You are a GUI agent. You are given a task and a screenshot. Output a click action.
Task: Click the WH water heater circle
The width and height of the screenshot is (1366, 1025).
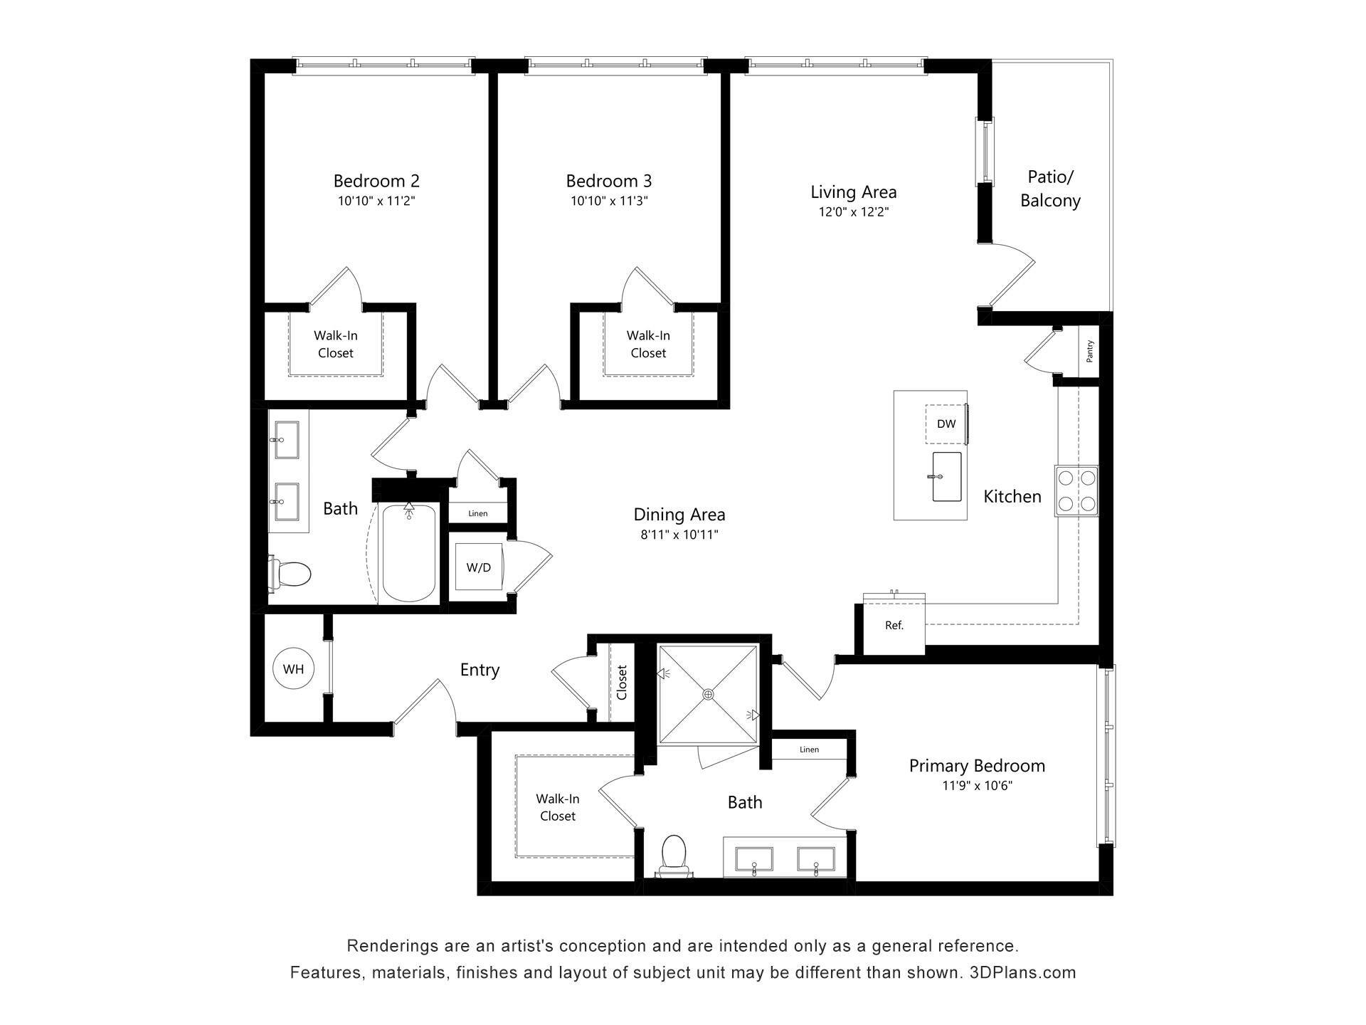point(293,668)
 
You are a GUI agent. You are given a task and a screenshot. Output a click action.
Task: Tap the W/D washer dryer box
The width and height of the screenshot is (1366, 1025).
point(478,567)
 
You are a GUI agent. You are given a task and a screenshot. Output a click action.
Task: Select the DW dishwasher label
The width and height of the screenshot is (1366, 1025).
point(946,424)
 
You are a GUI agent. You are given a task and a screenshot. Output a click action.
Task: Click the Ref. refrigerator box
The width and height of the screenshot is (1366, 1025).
point(894,626)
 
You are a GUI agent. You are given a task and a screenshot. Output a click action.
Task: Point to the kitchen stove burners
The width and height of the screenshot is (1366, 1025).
point(1076,490)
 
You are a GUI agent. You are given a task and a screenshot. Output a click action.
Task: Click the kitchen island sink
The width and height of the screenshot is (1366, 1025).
point(947,477)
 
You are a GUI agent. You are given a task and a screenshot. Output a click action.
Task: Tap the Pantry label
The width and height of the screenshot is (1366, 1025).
point(1089,351)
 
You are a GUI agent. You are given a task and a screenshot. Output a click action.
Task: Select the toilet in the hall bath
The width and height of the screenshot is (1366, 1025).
point(292,574)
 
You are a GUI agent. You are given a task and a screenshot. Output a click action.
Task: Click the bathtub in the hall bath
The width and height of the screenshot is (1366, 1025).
point(408,553)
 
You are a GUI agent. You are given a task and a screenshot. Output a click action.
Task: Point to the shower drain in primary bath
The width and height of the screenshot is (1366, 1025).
point(708,694)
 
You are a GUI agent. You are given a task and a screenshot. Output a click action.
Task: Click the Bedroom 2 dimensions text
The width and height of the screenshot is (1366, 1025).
point(376,201)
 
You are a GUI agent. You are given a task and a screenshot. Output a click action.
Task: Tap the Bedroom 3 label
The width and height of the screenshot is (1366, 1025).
point(608,181)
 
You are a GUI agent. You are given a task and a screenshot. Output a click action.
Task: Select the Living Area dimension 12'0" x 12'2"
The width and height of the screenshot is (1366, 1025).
point(853,211)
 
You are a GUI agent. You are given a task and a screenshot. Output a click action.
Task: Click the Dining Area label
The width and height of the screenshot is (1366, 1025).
point(679,514)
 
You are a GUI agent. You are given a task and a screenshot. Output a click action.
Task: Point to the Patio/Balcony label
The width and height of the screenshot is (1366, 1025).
point(1050,189)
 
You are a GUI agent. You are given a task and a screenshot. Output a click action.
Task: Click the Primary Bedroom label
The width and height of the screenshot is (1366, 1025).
point(976,766)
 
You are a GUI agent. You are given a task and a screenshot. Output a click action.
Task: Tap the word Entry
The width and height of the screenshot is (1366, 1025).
point(480,670)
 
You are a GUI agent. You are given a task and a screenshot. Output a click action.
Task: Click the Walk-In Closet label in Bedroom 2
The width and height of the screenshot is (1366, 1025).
point(336,344)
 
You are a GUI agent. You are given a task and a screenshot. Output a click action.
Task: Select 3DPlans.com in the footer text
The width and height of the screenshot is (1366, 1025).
point(1022,972)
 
